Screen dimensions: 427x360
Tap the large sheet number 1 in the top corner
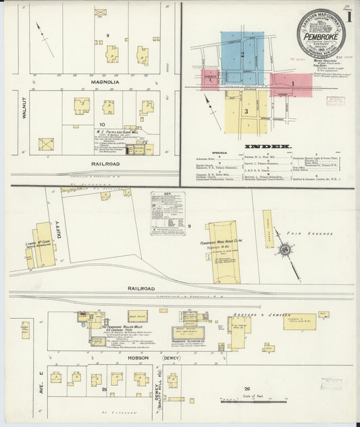[349, 15]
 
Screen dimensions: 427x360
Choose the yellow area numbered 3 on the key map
[247, 110]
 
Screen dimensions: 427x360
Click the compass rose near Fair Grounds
[286, 250]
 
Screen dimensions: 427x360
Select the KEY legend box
[168, 213]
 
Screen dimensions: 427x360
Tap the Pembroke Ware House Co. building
[222, 252]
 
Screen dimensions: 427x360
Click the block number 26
[247, 388]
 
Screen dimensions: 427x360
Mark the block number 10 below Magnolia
[101, 124]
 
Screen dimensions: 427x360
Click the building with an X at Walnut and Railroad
[46, 145]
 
